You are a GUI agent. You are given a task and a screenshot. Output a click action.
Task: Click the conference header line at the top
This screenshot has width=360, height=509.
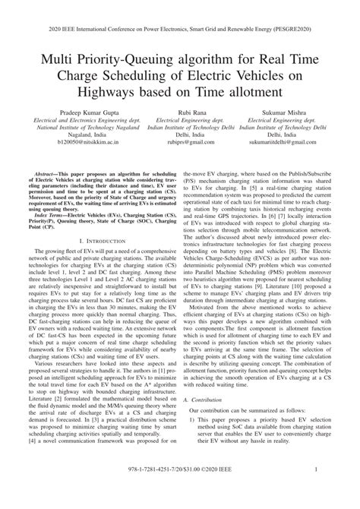point(180,13)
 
